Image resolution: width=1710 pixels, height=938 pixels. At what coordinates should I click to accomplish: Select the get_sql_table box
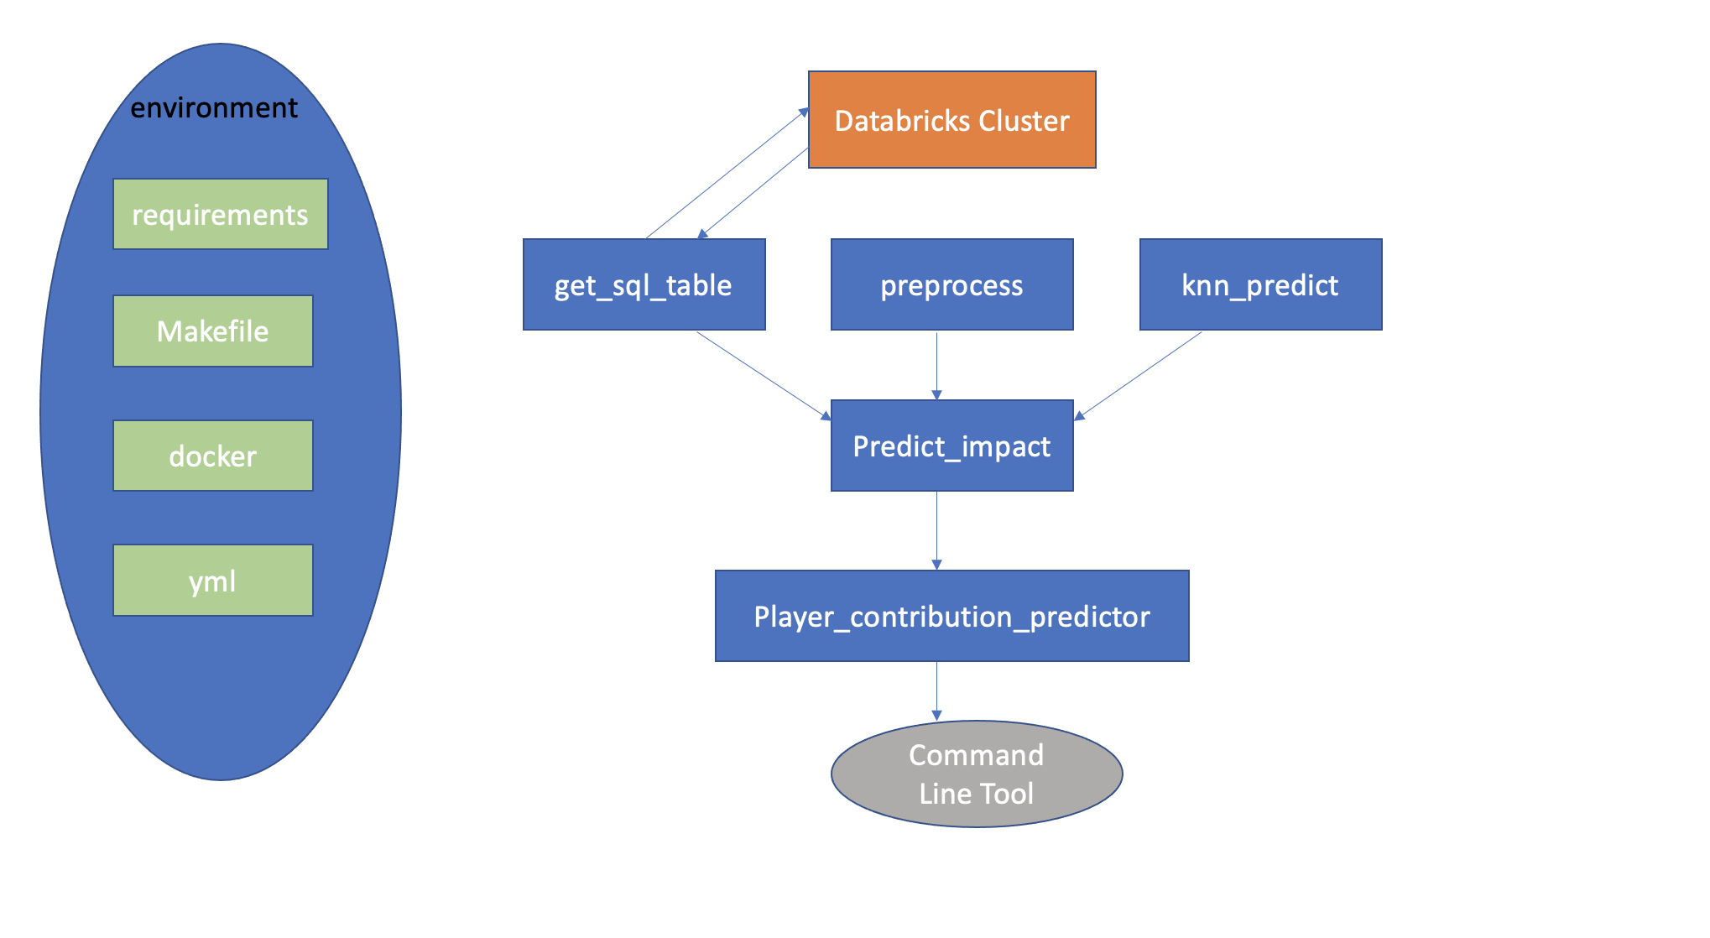(644, 285)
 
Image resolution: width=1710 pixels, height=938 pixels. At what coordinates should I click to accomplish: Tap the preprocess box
(951, 285)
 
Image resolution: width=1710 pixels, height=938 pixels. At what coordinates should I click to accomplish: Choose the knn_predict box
(1260, 285)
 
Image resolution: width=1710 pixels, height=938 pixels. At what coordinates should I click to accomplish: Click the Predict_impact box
(951, 446)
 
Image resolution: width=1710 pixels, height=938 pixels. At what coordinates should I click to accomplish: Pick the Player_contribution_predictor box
(951, 617)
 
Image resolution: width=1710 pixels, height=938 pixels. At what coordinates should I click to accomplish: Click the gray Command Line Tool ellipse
(977, 774)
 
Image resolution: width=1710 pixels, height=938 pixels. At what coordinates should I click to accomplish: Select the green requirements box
(220, 215)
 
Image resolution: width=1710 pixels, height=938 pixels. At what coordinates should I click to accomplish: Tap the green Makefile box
(212, 331)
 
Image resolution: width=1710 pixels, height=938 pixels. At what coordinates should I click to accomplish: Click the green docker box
(212, 456)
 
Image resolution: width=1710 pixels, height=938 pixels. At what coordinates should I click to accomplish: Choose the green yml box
(212, 581)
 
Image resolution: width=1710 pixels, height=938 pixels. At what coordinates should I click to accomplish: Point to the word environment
(213, 108)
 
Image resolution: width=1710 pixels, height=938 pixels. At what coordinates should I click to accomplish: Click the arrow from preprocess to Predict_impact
(936, 365)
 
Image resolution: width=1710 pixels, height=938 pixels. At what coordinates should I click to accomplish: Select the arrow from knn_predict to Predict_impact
(1139, 375)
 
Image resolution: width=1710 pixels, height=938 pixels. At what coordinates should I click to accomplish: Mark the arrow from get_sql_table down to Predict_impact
(764, 375)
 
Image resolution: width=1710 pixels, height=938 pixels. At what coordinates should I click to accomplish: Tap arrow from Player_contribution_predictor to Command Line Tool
(936, 690)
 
